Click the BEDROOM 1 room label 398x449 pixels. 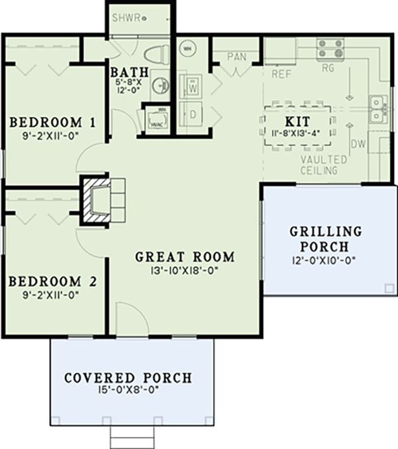point(52,123)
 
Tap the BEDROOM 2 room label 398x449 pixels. point(53,282)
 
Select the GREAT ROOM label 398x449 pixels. point(185,256)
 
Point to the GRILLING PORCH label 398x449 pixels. point(326,239)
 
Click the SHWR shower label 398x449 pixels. point(126,18)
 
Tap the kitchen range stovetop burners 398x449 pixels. point(330,48)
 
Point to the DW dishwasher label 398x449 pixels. point(357,144)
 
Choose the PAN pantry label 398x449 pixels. point(237,57)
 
